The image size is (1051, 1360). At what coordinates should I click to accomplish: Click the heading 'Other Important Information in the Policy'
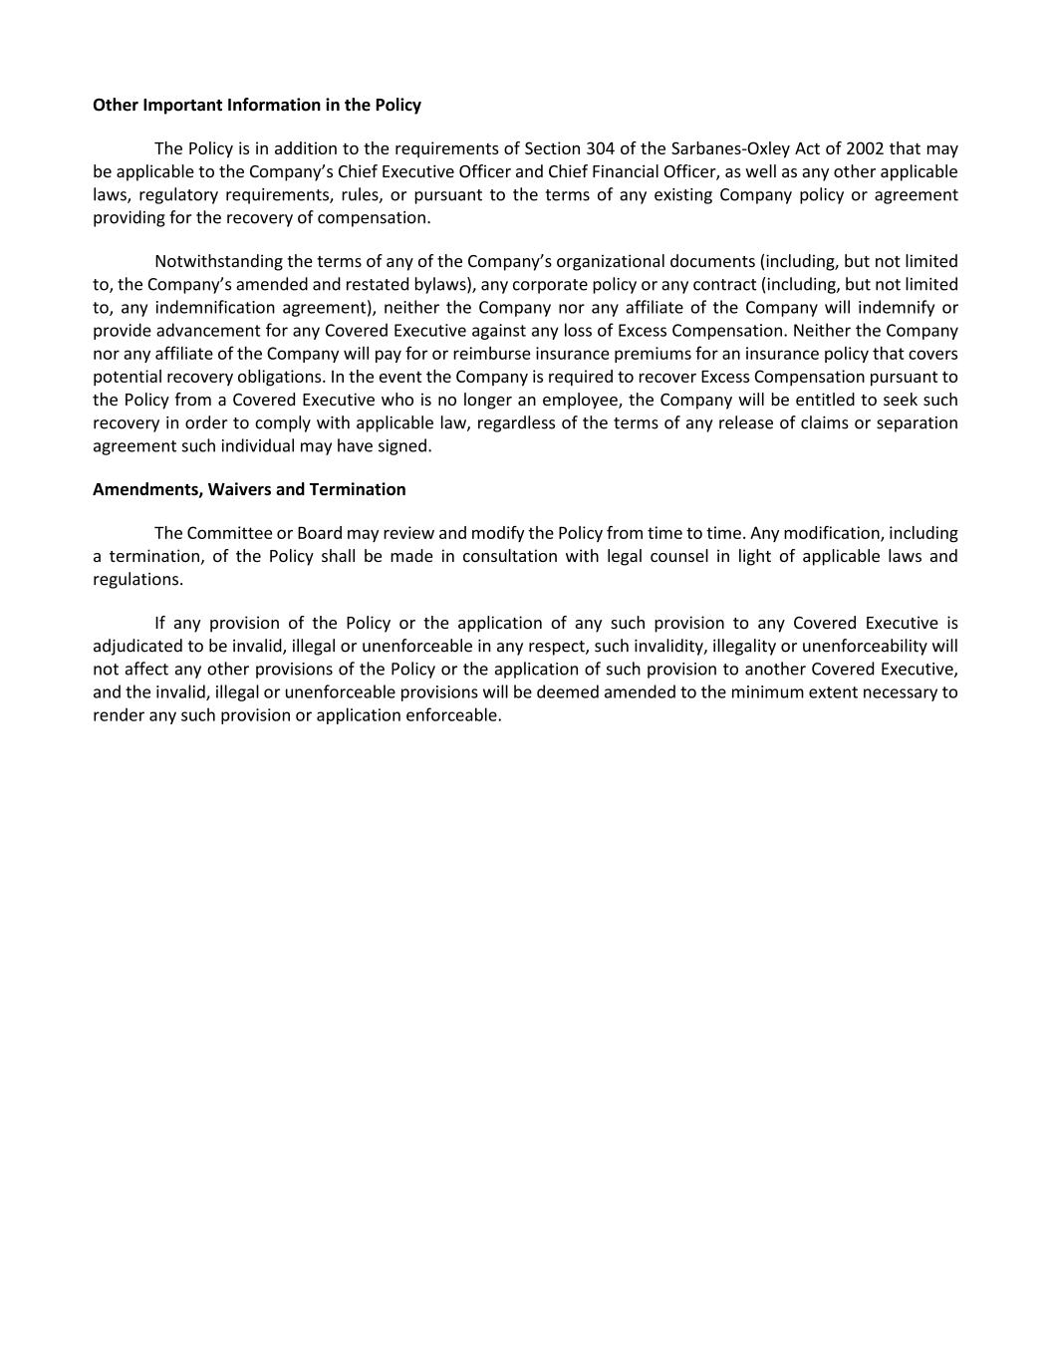(x=257, y=105)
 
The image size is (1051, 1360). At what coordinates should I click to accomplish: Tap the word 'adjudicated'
(x=136, y=646)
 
